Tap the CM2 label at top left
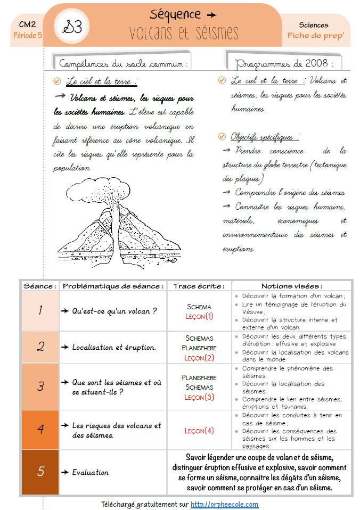pyautogui.click(x=27, y=24)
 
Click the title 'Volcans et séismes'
pyautogui.click(x=184, y=32)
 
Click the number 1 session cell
pyautogui.click(x=40, y=310)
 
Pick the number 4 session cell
pyautogui.click(x=40, y=430)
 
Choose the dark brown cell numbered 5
pyautogui.click(x=40, y=472)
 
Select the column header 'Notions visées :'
pyautogui.click(x=291, y=286)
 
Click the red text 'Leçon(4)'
pyautogui.click(x=199, y=431)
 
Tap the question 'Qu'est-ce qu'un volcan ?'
pyautogui.click(x=114, y=311)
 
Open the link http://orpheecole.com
pyautogui.click(x=224, y=504)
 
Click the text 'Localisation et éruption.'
pyautogui.click(x=114, y=347)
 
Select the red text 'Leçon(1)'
pyautogui.click(x=199, y=316)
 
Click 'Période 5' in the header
pyautogui.click(x=27, y=36)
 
